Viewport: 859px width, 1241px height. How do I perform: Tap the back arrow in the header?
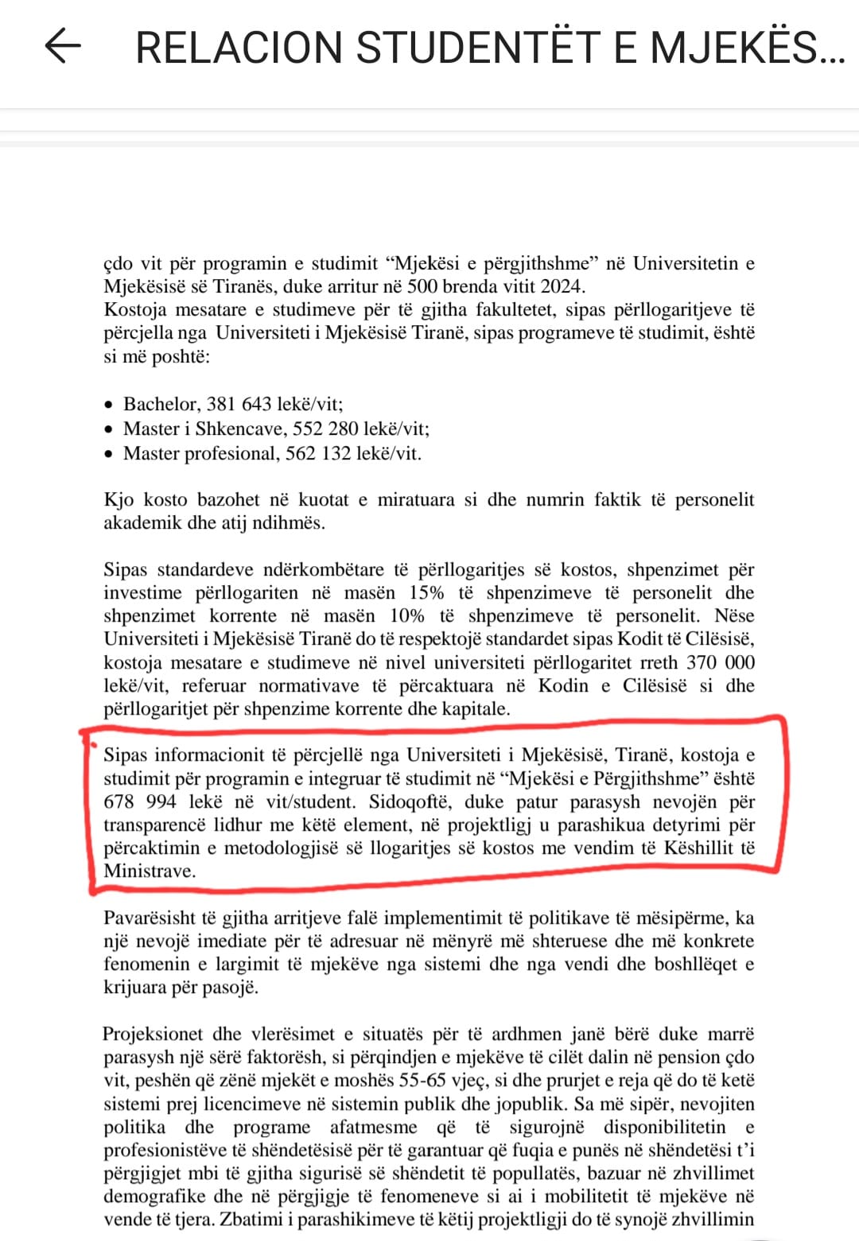[x=63, y=46]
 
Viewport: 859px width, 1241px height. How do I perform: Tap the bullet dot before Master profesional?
[x=110, y=454]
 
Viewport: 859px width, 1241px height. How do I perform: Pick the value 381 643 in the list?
[x=239, y=404]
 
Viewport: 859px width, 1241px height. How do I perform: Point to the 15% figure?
[x=426, y=593]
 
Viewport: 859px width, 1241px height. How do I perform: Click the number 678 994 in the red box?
[x=140, y=801]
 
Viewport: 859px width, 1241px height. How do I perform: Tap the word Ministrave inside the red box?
[x=149, y=871]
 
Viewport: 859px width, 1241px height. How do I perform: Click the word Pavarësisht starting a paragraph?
[x=149, y=918]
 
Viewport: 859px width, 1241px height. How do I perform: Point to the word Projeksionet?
[x=152, y=1034]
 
